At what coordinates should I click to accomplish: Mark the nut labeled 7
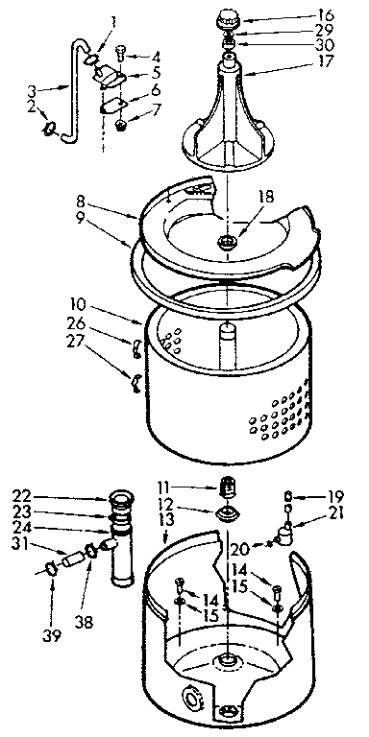pyautogui.click(x=121, y=125)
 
